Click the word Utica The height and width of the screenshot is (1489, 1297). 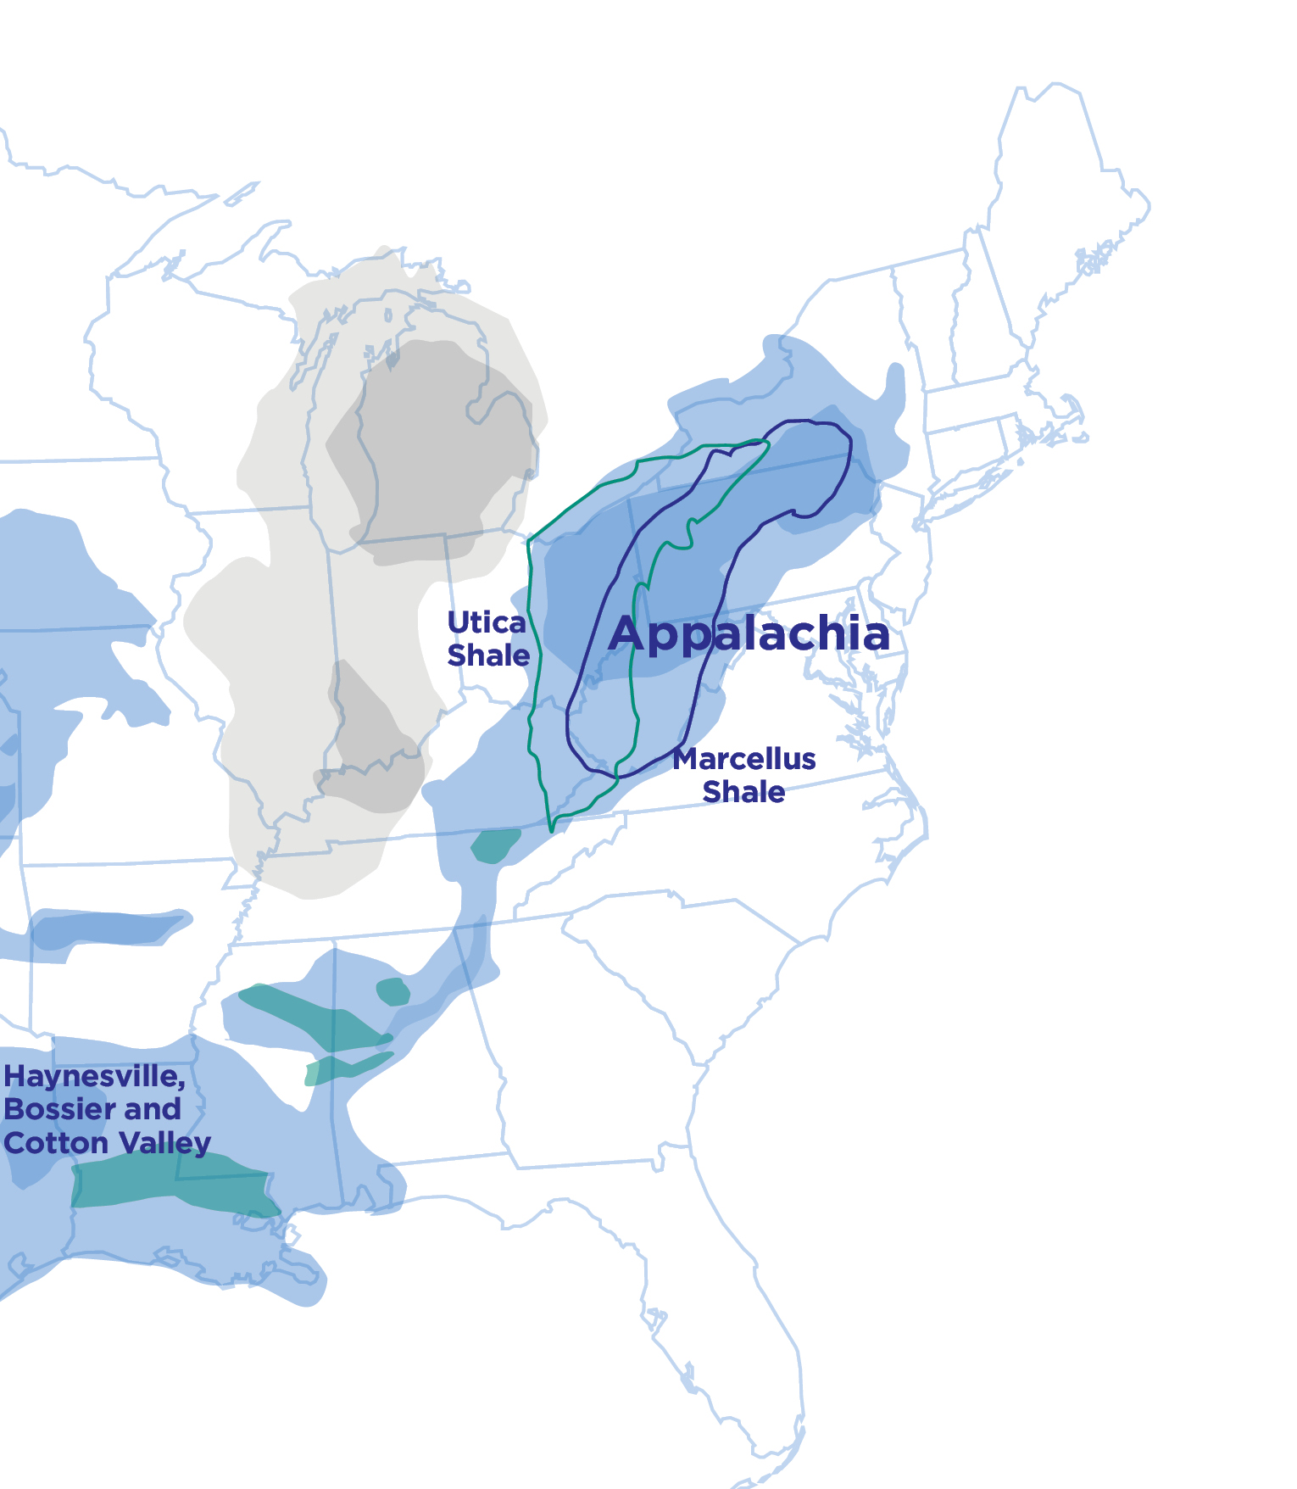[x=487, y=623]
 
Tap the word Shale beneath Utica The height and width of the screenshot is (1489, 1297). [x=488, y=655]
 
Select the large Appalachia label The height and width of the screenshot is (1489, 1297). [x=749, y=634]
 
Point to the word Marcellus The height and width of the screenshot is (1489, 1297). [x=744, y=759]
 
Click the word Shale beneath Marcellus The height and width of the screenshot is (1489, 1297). [x=743, y=792]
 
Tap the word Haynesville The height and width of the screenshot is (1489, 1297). [x=94, y=1077]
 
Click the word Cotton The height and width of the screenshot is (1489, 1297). [x=56, y=1143]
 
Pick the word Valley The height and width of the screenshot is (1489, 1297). [x=164, y=1143]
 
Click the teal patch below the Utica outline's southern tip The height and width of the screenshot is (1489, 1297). [x=495, y=845]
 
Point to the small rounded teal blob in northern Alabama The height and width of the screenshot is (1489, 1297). [x=392, y=990]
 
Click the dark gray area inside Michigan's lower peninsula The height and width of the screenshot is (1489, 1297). [x=432, y=449]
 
